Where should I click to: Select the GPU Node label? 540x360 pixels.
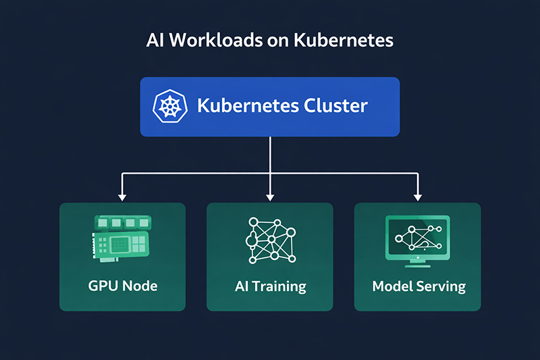pos(122,286)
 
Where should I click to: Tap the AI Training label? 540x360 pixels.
pos(270,286)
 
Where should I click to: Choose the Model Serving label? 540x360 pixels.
pos(418,286)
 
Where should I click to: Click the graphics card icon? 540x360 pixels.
pos(122,238)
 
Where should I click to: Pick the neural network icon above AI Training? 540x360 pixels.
pos(269,240)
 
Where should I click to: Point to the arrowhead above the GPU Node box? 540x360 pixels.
pos(122,197)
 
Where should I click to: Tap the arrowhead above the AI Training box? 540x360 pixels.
pos(270,197)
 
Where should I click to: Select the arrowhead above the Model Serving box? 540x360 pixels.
pos(417,197)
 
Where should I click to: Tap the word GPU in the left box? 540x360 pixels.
pos(102,286)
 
